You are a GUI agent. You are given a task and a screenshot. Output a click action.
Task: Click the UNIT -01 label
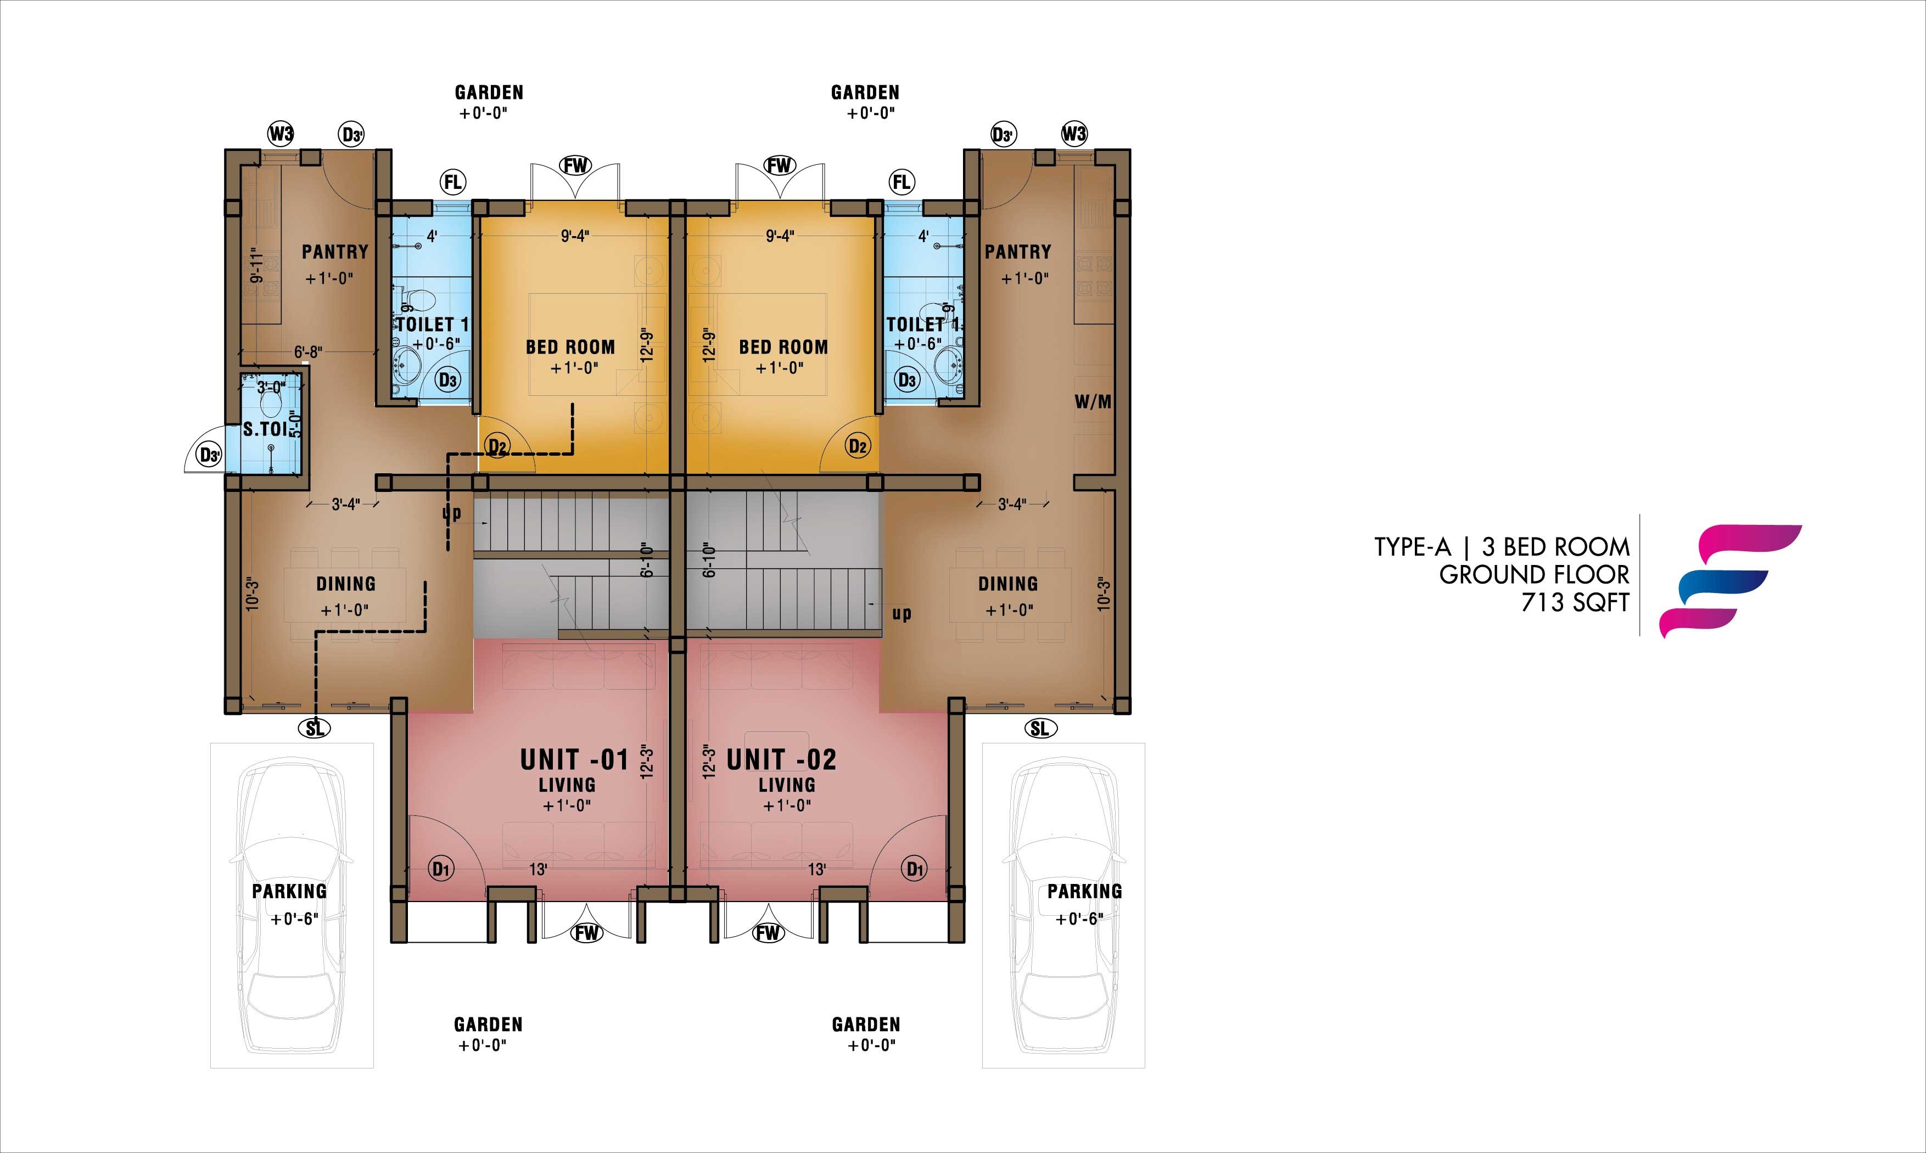(574, 759)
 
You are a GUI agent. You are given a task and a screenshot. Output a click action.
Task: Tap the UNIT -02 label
(782, 759)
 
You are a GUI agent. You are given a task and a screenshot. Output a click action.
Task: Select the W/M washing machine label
(1093, 402)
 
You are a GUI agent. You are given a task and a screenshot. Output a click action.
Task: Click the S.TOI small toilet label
(266, 429)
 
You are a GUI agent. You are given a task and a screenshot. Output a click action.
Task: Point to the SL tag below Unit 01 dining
(315, 728)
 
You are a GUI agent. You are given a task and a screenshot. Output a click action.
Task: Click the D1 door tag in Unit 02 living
(915, 868)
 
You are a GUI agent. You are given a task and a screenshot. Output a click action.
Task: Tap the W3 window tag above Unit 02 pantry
(1074, 133)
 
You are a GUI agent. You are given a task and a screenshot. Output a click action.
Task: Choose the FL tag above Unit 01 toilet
(452, 183)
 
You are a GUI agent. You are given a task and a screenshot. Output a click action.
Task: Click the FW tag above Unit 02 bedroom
(779, 165)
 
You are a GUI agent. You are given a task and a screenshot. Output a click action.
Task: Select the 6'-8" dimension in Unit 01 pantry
(307, 352)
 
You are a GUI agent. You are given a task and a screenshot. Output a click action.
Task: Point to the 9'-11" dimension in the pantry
(257, 266)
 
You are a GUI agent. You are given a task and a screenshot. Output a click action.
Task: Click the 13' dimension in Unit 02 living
(816, 869)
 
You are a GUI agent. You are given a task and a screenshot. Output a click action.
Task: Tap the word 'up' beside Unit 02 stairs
(902, 614)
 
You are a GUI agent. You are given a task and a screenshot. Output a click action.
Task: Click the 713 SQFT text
(1575, 602)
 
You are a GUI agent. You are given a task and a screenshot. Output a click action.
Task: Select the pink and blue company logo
(1730, 581)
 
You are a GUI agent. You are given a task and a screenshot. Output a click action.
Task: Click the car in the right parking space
(1063, 906)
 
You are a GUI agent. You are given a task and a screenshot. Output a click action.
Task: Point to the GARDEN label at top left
(489, 92)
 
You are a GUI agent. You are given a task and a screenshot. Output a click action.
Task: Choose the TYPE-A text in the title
(1412, 547)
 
